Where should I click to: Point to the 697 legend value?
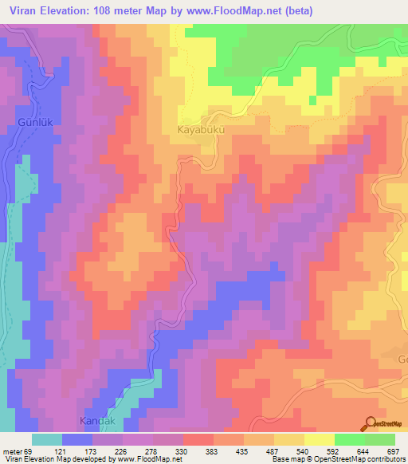pos(393,451)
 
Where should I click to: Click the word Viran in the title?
pos(19,11)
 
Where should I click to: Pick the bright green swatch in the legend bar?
pos(350,439)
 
